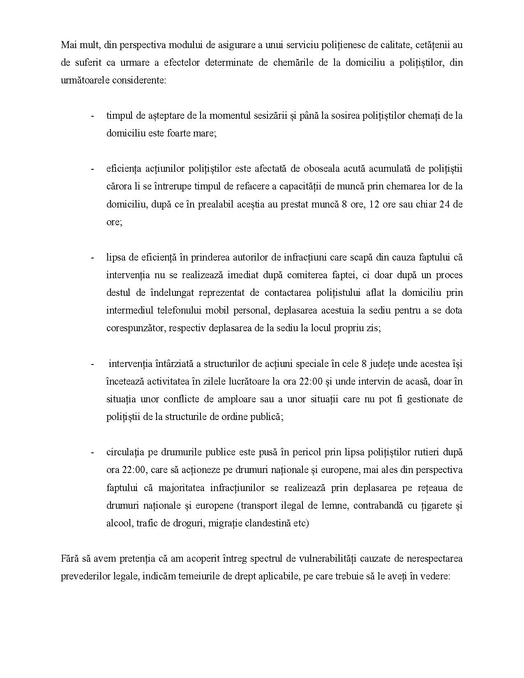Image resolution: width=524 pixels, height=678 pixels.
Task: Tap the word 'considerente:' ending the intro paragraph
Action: (141, 80)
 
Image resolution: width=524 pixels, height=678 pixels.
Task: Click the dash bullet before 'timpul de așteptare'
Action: (92, 115)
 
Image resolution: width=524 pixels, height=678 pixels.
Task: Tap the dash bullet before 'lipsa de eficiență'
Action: (92, 257)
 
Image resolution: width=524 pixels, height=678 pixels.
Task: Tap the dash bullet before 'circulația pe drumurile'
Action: (92, 452)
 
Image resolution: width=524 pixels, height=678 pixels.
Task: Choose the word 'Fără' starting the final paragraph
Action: (69, 558)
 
